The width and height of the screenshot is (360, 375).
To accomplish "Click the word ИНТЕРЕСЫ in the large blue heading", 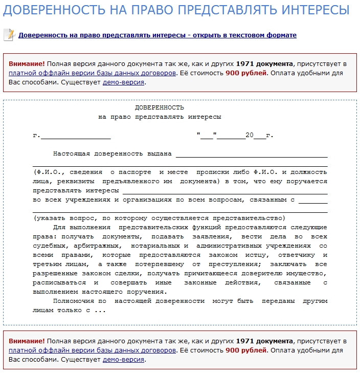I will point(311,10).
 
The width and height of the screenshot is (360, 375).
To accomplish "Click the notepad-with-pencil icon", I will point(9,35).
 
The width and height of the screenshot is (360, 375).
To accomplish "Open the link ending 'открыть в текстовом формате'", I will point(157,35).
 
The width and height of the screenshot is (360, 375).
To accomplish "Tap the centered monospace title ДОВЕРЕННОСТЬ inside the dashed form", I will point(159,107).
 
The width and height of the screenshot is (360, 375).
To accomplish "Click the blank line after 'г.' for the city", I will point(75,136).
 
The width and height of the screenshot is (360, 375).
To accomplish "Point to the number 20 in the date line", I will point(249,136).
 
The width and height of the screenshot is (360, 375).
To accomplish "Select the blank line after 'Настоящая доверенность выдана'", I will point(252,154).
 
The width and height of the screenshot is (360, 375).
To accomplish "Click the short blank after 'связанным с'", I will point(313,200).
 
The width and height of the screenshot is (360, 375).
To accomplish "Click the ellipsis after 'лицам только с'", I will point(100,310).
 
